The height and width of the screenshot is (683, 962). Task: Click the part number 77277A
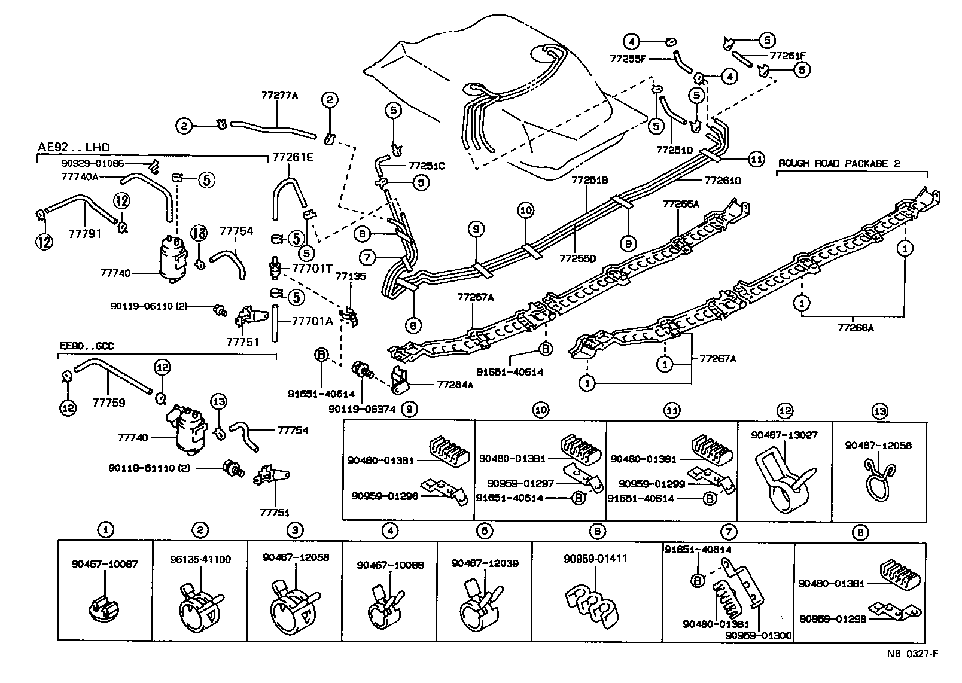click(279, 94)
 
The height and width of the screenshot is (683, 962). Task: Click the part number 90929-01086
click(92, 163)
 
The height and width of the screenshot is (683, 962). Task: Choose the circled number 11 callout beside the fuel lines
click(757, 159)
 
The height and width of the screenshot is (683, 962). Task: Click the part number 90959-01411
click(595, 559)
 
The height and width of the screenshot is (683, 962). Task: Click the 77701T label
click(312, 269)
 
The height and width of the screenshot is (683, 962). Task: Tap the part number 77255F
click(628, 59)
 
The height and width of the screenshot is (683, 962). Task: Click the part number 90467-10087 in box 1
click(105, 563)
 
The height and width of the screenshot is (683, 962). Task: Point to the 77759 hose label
click(108, 403)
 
